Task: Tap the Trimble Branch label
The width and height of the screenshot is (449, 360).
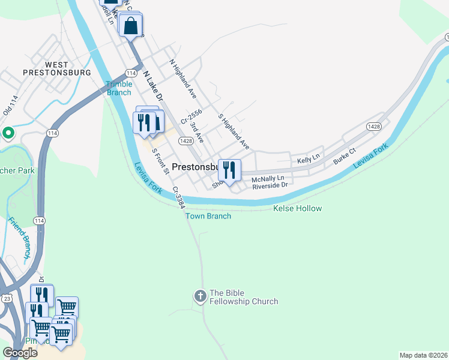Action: tap(119, 88)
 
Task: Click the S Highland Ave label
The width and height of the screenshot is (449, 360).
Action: tap(234, 131)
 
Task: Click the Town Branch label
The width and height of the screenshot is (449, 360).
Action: tap(208, 216)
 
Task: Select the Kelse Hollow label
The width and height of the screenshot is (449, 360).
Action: tap(297, 208)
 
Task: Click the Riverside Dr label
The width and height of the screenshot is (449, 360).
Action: tap(270, 185)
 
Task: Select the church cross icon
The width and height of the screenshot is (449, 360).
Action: tap(200, 296)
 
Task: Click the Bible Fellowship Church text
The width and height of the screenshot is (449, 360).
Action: tap(244, 298)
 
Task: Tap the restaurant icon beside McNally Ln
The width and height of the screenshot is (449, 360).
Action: tap(229, 170)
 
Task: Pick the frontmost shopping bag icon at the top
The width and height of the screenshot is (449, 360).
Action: tap(130, 26)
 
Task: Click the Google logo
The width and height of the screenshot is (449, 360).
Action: tap(20, 352)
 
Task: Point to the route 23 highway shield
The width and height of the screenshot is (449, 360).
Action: tap(7, 297)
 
